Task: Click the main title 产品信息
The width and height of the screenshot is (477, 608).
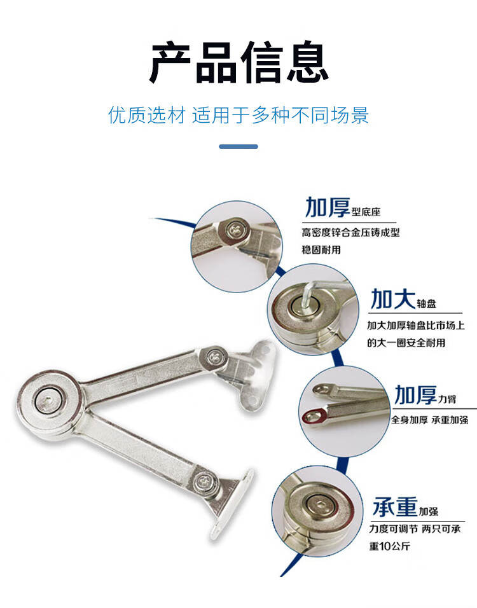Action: click(239, 62)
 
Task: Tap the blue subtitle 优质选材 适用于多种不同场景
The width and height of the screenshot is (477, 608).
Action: click(238, 114)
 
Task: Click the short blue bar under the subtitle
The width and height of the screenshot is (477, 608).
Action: click(238, 146)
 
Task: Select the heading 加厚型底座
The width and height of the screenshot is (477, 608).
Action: click(343, 207)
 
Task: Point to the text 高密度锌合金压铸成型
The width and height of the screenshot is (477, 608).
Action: click(350, 233)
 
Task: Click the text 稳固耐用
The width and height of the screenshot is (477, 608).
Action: click(321, 250)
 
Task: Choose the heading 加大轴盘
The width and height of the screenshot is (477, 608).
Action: click(403, 299)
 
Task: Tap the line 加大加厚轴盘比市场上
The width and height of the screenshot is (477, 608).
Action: click(416, 325)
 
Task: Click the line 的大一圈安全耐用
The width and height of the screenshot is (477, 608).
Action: click(406, 342)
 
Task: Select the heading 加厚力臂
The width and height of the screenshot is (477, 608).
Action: click(425, 395)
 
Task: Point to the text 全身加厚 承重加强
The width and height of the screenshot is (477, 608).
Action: click(429, 420)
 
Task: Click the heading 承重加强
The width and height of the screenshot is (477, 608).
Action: click(405, 507)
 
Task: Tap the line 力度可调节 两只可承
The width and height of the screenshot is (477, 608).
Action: click(415, 529)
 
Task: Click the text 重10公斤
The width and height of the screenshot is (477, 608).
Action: click(389, 546)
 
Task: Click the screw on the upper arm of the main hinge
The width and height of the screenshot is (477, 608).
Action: click(214, 356)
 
